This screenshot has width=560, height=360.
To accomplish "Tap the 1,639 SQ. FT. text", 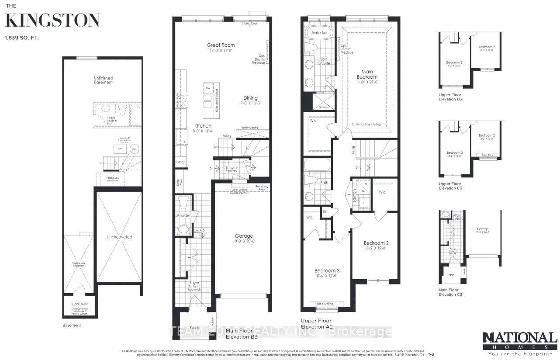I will click(22, 38).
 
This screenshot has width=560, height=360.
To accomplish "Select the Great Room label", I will click(221, 45).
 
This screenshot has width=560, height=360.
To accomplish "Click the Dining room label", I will click(250, 98).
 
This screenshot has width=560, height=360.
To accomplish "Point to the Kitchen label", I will click(203, 126).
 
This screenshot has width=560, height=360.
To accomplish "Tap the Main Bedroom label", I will click(366, 74).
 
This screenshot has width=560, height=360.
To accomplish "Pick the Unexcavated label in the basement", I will click(119, 237).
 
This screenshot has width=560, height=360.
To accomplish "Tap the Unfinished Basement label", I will click(103, 80).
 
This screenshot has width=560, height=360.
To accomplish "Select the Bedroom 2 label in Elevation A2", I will click(375, 243).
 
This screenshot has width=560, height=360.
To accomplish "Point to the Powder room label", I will click(184, 216).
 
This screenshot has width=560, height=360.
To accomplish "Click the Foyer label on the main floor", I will click(194, 283).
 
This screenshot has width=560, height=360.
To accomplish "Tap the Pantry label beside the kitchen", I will click(180, 162).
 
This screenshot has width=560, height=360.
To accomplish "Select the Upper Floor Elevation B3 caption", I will click(450, 97).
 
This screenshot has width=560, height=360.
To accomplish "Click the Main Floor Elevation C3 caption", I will click(450, 292).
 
